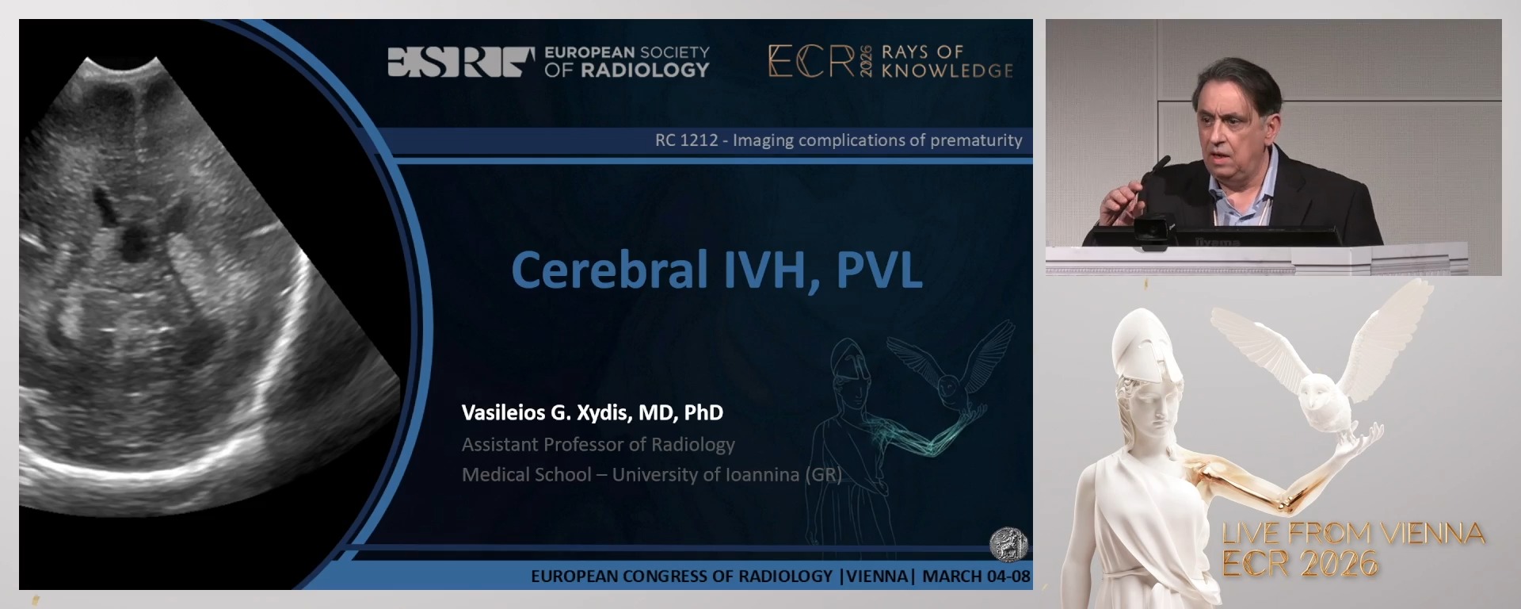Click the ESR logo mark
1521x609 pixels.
(x=460, y=62)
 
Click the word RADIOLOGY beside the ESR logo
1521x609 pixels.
(x=645, y=71)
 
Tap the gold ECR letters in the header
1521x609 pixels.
(x=811, y=61)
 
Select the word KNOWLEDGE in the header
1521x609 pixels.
(x=947, y=71)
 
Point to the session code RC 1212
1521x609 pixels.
(x=686, y=140)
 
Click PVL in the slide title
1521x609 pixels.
(x=879, y=270)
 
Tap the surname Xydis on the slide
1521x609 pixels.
(x=601, y=412)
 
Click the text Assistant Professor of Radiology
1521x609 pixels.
(x=598, y=444)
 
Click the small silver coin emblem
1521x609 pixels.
(x=1008, y=544)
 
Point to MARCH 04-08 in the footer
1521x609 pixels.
(x=976, y=576)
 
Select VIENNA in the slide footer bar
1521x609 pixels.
(x=877, y=576)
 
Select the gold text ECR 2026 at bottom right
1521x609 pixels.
(x=1299, y=564)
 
